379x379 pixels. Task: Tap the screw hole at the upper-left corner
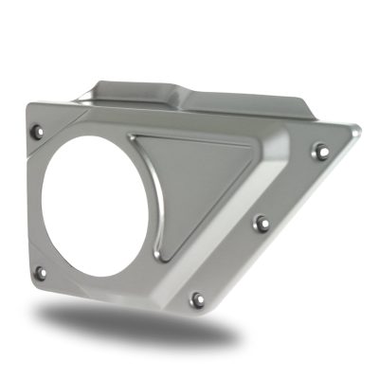[x=37, y=131]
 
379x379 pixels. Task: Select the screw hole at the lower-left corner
[x=39, y=272]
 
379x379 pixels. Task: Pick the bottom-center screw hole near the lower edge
[x=197, y=299]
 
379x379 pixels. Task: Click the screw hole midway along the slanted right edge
[x=262, y=224]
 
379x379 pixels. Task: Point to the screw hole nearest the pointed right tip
[x=320, y=151]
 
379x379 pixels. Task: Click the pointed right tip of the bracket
[x=358, y=130]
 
